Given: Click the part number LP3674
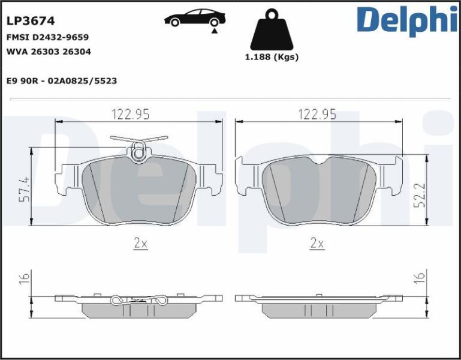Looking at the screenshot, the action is point(31,21).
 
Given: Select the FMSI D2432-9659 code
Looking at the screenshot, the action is point(47,37).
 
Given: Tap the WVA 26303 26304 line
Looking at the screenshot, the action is point(49,52).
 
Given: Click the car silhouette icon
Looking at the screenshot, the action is point(195,17).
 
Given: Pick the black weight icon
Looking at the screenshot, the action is point(272,29).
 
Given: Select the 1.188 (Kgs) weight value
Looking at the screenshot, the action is point(272,57).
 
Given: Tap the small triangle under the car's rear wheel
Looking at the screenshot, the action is point(215,31).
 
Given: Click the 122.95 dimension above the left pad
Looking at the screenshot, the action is point(130,114).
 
